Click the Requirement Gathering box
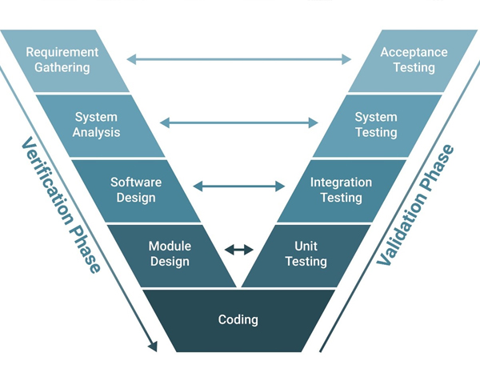[62, 60]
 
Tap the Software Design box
[136, 190]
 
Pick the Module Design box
[170, 254]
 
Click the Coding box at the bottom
[238, 320]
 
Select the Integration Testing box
[341, 190]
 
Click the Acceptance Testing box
[414, 60]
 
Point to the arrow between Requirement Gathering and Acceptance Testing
[238, 58]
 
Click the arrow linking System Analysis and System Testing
[238, 122]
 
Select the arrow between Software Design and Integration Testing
[238, 186]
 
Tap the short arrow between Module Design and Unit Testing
[238, 250]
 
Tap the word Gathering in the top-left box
[62, 67]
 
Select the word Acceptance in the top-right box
[414, 53]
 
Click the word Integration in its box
[341, 182]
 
